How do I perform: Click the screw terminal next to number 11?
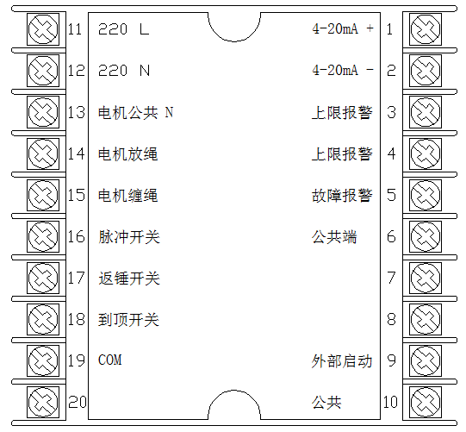pyautogui.click(x=43, y=29)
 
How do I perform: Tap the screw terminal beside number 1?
pyautogui.click(x=426, y=29)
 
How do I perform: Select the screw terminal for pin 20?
pyautogui.click(x=43, y=402)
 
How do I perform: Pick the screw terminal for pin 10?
pyautogui.click(x=426, y=402)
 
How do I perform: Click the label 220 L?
pyautogui.click(x=124, y=29)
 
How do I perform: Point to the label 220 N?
pyautogui.click(x=124, y=71)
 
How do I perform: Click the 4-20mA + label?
pyautogui.click(x=342, y=28)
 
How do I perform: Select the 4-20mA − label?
pyautogui.click(x=342, y=70)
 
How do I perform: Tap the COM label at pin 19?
pyautogui.click(x=110, y=360)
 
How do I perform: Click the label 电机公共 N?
pyautogui.click(x=136, y=112)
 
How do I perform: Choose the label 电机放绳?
pyautogui.click(x=127, y=154)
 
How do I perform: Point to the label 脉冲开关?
pyautogui.click(x=129, y=237)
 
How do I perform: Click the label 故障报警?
pyautogui.click(x=342, y=196)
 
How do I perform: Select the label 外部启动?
pyautogui.click(x=342, y=361)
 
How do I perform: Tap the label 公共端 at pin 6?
pyautogui.click(x=334, y=237)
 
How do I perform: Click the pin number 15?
pyautogui.click(x=77, y=195)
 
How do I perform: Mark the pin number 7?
pyautogui.click(x=391, y=278)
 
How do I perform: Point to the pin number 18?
pyautogui.click(x=77, y=319)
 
